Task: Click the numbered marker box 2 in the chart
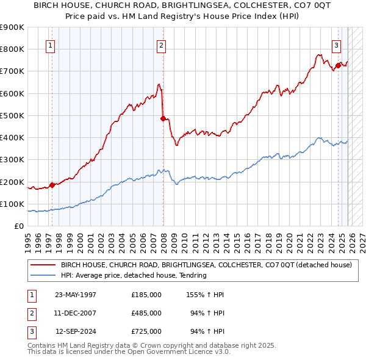point(161,45)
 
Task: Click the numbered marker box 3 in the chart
point(335,45)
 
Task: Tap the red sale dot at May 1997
point(52,185)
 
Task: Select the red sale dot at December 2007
point(163,118)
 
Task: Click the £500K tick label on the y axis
point(12,115)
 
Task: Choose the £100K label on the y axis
point(12,204)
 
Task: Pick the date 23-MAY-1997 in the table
point(76,295)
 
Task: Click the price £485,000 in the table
point(146,313)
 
